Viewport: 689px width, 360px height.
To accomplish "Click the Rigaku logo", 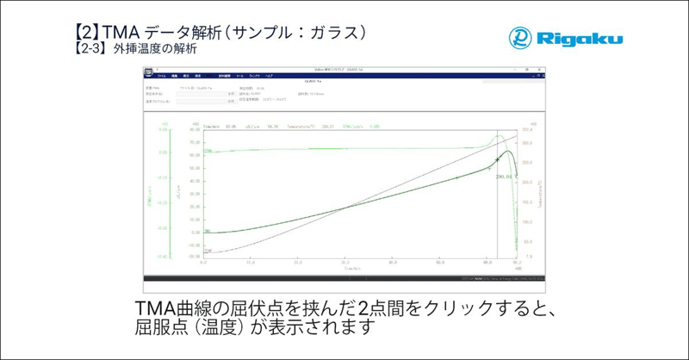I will (x=564, y=38).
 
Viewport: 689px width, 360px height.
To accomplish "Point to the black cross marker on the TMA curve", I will (x=498, y=160).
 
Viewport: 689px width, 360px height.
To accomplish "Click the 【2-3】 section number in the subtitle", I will (x=90, y=49).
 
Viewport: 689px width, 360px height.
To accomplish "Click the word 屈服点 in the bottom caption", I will (x=162, y=327).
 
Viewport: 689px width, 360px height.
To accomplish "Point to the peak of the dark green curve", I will (x=509, y=152).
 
